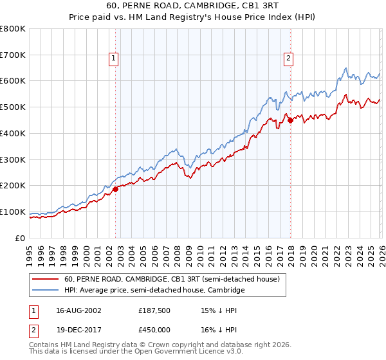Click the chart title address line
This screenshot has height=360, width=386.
click(x=192, y=5)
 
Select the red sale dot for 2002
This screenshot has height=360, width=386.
click(x=116, y=189)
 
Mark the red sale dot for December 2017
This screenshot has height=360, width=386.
click(x=290, y=120)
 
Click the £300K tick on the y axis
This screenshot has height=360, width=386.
click(x=13, y=159)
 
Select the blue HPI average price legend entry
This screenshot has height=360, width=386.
click(x=154, y=291)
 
